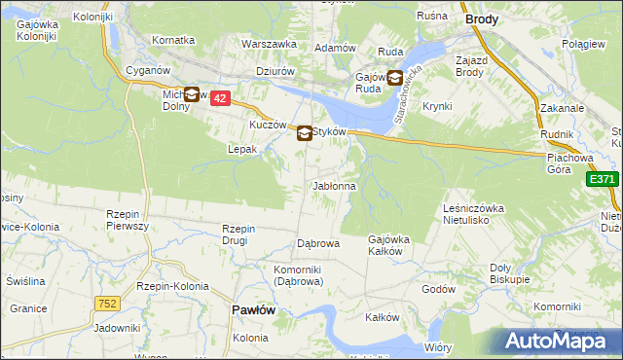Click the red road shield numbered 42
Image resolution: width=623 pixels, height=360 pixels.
point(220,98)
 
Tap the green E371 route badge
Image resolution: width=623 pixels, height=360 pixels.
point(603,179)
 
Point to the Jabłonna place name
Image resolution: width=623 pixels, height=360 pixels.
point(334,185)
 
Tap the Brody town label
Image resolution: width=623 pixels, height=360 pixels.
point(482,18)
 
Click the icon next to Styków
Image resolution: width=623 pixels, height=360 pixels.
point(305,134)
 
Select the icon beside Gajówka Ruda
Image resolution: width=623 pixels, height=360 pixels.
point(395,79)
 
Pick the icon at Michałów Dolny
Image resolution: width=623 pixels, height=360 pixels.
point(192,94)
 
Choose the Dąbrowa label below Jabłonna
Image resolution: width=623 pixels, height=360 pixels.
point(317,243)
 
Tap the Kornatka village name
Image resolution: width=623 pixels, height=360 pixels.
point(174,41)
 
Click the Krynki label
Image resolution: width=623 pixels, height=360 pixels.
point(438,105)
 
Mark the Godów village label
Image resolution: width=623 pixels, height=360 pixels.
point(439,289)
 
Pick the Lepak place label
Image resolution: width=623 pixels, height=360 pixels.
point(242,150)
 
